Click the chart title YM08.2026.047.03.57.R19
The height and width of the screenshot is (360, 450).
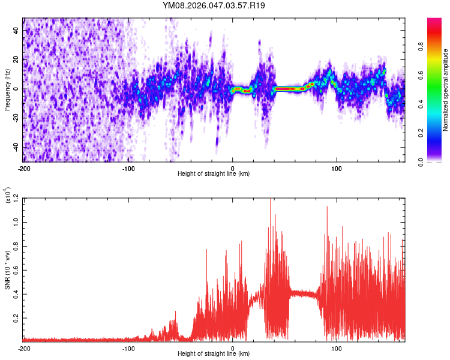click(214, 6)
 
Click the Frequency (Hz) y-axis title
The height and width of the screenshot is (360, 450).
click(7, 90)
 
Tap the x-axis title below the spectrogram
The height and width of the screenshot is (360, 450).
click(214, 173)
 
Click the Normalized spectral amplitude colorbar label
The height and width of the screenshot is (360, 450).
click(445, 91)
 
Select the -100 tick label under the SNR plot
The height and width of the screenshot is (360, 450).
click(128, 348)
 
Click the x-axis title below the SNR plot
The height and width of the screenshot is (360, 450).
click(214, 354)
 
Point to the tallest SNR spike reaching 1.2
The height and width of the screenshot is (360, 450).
click(270, 200)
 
